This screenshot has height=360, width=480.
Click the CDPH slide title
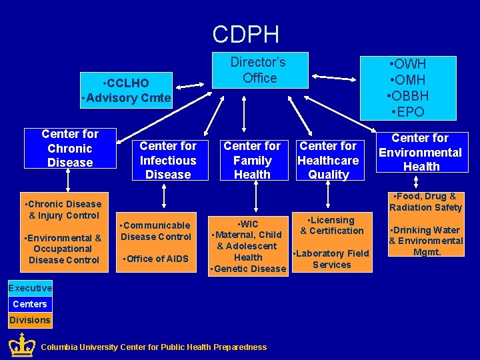[x=245, y=34]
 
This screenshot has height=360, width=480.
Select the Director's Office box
[x=258, y=70]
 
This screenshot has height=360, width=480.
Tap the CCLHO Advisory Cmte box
[x=125, y=91]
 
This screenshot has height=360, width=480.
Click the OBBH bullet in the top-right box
[x=407, y=95]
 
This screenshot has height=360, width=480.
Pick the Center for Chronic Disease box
[x=70, y=148]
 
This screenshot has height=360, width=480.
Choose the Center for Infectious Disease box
[x=168, y=160]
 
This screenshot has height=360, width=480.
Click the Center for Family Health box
[x=252, y=160]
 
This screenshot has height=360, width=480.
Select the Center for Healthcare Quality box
[x=328, y=160]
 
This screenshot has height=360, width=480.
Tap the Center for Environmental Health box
[x=421, y=152]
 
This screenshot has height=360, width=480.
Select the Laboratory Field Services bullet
[x=331, y=259]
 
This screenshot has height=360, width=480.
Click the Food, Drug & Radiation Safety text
[x=425, y=201]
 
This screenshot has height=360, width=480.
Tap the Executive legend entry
[x=29, y=288]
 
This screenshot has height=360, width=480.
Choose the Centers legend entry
[x=29, y=304]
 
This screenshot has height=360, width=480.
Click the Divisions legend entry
[x=29, y=320]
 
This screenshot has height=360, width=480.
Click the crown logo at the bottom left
[x=22, y=345]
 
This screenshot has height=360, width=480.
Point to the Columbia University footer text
[x=153, y=347]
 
